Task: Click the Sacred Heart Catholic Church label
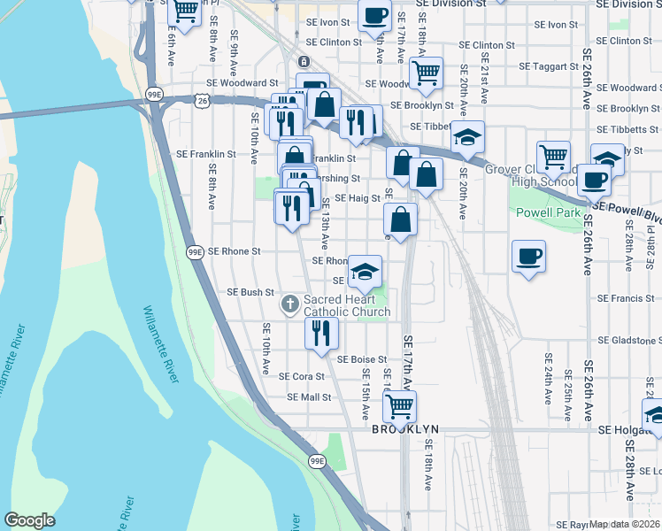(x=347, y=306)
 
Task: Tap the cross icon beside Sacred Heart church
(x=289, y=305)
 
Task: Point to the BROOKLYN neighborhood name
(x=405, y=429)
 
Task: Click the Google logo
(x=29, y=519)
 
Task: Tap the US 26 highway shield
(x=204, y=102)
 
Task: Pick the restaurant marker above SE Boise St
(x=321, y=332)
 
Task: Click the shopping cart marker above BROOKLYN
(x=399, y=406)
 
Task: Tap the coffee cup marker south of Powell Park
(x=528, y=257)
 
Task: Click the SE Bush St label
(x=251, y=292)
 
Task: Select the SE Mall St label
(x=309, y=397)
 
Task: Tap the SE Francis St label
(x=626, y=298)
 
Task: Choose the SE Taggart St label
(x=548, y=66)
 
